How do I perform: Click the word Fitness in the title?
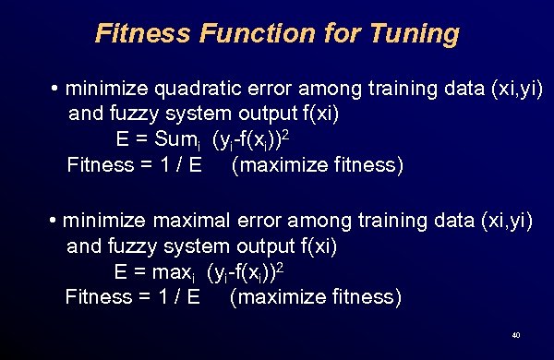pos(141,34)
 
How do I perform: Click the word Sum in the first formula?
pos(175,140)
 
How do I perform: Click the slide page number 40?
pos(515,334)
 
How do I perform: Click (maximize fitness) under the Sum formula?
pos(318,165)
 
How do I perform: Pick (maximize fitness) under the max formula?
pos(315,297)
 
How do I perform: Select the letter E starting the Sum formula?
pos(122,140)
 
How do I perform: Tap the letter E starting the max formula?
pos(120,272)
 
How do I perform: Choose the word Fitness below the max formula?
pos(98,297)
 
